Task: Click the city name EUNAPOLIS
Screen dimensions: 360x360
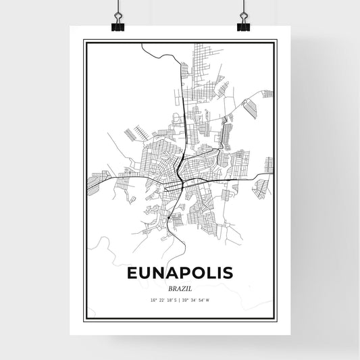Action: click(180, 274)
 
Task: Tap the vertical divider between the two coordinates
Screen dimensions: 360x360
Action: click(180, 301)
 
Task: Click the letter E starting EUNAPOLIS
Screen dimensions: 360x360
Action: click(132, 274)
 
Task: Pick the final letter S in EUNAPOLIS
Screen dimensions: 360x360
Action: click(228, 274)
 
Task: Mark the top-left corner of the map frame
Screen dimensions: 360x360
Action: click(84, 41)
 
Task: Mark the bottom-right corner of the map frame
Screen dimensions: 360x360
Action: click(276, 319)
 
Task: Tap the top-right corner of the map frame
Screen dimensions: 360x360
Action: click(276, 41)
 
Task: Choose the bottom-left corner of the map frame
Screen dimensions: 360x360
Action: click(84, 319)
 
